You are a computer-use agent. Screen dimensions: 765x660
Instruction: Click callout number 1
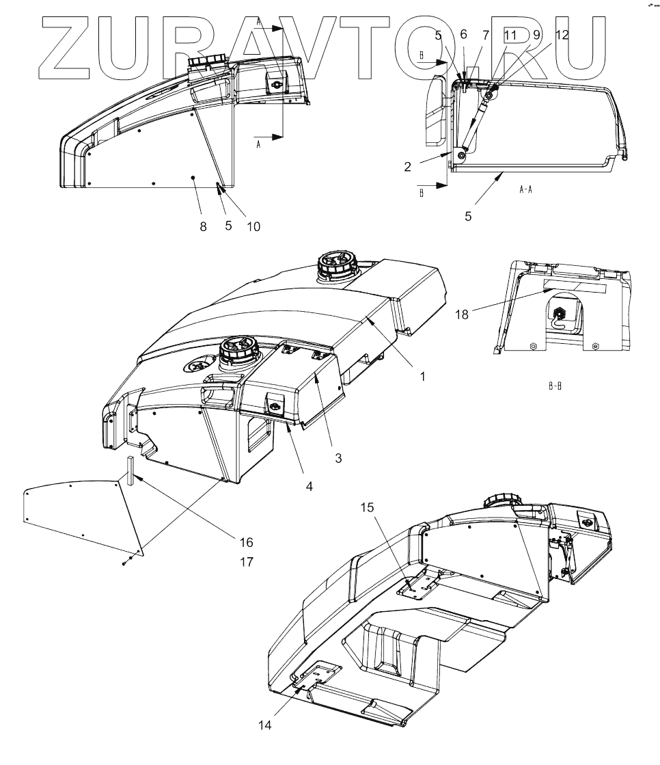pos(422,377)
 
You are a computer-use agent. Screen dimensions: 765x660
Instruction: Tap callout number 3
pos(338,458)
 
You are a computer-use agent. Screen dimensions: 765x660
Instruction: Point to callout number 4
pos(309,487)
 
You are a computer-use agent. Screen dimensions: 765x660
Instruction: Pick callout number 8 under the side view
pos(203,227)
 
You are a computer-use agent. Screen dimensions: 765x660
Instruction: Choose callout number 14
pos(266,725)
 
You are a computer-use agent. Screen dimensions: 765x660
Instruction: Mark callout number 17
pos(245,563)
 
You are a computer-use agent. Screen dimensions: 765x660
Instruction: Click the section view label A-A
pos(525,191)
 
